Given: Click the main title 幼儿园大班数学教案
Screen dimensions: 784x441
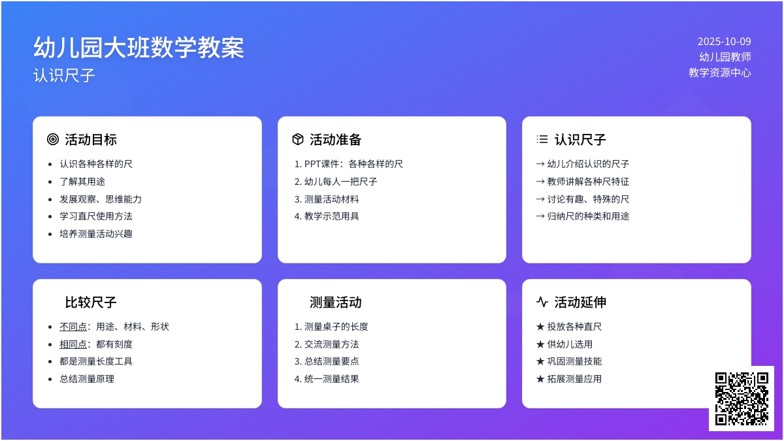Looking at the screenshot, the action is tap(139, 48).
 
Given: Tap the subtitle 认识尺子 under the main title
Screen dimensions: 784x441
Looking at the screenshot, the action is tap(64, 75).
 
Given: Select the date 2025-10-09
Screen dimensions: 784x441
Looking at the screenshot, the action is tap(724, 42).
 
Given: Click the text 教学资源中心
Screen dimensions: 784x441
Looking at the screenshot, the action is tap(720, 73).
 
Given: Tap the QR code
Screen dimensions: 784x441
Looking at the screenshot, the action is tap(742, 399).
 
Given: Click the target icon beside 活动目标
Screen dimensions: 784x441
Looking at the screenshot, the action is tap(53, 139).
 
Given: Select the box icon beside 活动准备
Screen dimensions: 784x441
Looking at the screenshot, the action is tap(297, 139).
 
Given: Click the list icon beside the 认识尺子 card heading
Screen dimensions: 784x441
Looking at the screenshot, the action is tap(542, 139).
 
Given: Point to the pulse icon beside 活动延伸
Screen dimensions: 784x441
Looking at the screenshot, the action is tap(542, 302).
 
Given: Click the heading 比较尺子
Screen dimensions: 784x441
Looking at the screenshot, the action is tap(91, 302).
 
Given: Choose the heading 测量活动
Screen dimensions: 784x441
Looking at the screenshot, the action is tap(335, 302).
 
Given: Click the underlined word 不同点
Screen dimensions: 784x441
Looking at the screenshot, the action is tap(73, 327).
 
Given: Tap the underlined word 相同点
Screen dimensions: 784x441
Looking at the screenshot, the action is tap(73, 344).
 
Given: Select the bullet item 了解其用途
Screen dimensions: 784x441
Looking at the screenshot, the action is tap(82, 182).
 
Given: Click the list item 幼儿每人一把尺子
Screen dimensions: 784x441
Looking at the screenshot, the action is tap(340, 182).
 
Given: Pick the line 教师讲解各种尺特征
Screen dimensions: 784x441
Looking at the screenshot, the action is tap(588, 182).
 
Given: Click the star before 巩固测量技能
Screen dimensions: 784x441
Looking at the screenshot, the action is tap(540, 361).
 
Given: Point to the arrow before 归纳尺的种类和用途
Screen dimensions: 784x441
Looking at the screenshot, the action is tap(540, 216).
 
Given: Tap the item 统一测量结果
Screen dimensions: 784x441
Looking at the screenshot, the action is tap(331, 379).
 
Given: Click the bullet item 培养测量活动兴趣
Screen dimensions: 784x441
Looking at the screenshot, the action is tap(96, 234).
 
